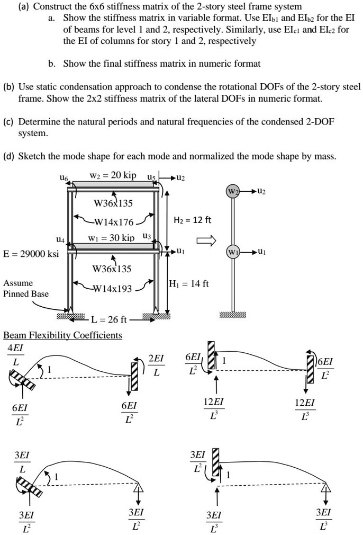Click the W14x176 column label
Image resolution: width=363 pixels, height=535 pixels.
114,222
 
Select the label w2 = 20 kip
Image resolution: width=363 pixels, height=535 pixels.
112,175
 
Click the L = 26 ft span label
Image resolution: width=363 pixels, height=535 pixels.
109,319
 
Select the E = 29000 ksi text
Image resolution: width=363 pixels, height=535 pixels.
31,254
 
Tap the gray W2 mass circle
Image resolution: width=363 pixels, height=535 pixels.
233,191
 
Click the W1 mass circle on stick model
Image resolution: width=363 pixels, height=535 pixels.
233,251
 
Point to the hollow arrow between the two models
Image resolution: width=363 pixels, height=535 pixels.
206,241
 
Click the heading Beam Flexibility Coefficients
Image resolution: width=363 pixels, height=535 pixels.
62,335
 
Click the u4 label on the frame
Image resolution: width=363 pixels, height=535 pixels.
66,239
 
